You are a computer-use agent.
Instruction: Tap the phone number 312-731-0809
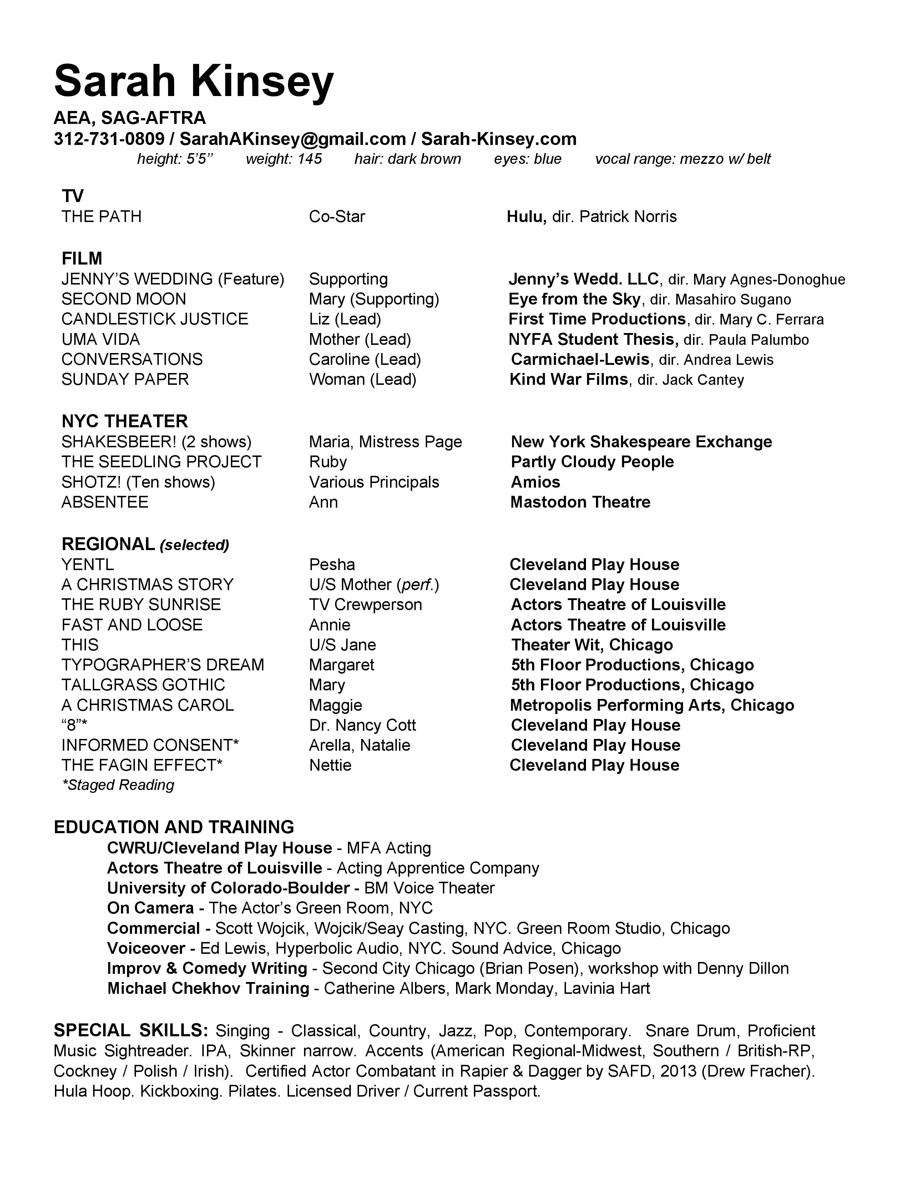[x=109, y=139]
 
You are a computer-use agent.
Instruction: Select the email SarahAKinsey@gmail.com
[x=292, y=139]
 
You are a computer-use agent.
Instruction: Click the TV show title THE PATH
[x=101, y=217]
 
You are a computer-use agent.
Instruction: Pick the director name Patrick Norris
[x=628, y=217]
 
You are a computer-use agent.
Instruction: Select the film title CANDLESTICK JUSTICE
[x=155, y=319]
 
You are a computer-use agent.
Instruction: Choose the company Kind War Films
[x=569, y=380]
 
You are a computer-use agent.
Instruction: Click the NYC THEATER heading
[x=125, y=421]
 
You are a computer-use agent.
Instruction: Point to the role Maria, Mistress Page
[x=385, y=442]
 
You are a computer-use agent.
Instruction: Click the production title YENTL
[x=88, y=565]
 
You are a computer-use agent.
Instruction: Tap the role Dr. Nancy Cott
[x=362, y=725]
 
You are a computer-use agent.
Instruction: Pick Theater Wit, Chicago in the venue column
[x=592, y=645]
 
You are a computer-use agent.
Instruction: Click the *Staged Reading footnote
[x=118, y=785]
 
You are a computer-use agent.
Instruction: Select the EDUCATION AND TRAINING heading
[x=173, y=827]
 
